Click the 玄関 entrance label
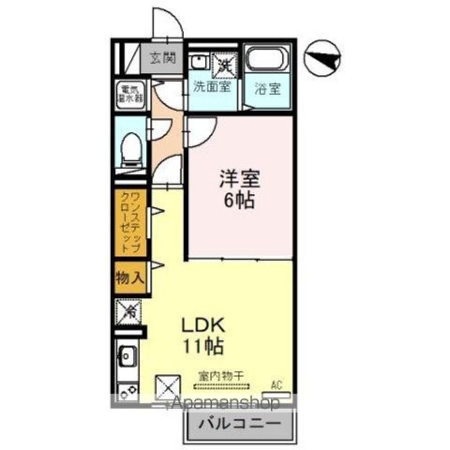click(x=162, y=58)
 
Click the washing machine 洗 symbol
click(x=225, y=64)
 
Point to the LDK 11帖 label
click(x=202, y=336)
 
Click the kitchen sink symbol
click(x=128, y=356)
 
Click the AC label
click(x=277, y=383)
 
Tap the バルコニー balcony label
click(x=238, y=423)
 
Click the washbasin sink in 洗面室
click(x=197, y=64)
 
